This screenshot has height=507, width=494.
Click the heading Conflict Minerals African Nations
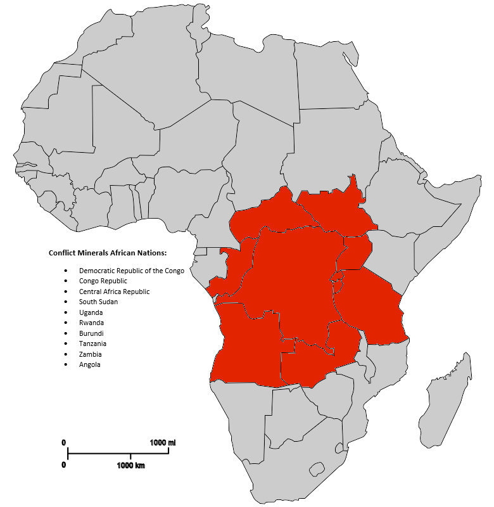[x=107, y=253]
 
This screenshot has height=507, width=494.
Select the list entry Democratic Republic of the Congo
[x=131, y=271]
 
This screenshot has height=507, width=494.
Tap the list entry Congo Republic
[x=103, y=281]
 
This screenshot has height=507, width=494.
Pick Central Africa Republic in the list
[x=114, y=292]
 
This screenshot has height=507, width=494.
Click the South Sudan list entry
[x=98, y=302]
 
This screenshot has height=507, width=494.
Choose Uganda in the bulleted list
[x=91, y=312]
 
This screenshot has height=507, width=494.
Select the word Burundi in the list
[x=91, y=333]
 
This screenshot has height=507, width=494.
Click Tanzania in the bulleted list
[x=93, y=343]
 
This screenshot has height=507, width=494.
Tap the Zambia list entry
[x=90, y=354]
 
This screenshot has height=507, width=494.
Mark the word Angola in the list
[x=89, y=364]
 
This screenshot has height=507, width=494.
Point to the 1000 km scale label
[x=130, y=465]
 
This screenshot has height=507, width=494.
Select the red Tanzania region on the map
[x=370, y=307]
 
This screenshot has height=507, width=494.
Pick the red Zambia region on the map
[x=317, y=361]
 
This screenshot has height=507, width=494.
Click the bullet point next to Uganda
[x=66, y=312]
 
